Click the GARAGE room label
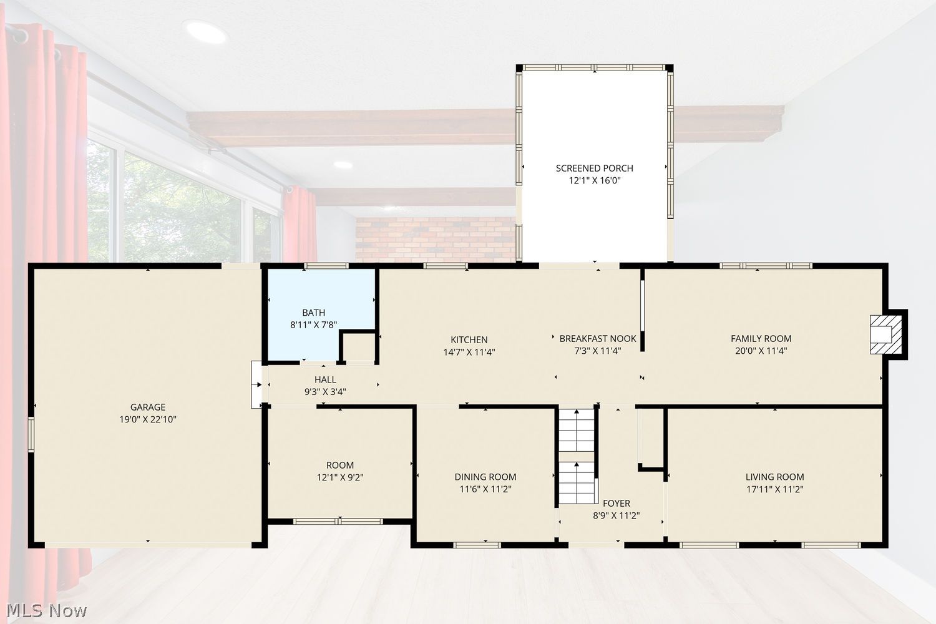(148, 407)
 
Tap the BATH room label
(313, 313)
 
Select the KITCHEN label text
(469, 340)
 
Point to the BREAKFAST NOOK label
(598, 339)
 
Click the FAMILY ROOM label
(761, 339)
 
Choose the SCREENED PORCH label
(594, 168)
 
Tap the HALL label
(325, 379)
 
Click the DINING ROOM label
(485, 477)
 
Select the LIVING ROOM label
(775, 477)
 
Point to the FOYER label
(617, 503)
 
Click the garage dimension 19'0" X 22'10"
(148, 419)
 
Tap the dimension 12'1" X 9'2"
(340, 477)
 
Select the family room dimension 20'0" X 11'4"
(761, 351)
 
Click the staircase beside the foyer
(577, 456)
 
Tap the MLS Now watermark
(46, 611)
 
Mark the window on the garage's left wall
(31, 434)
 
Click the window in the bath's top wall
(326, 266)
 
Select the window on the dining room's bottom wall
(477, 545)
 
